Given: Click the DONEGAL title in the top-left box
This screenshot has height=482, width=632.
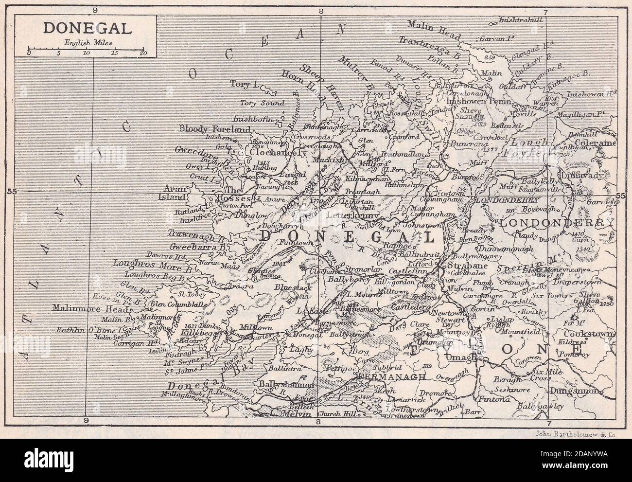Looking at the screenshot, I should pyautogui.click(x=87, y=28).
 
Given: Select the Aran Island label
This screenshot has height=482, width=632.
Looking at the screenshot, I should pyautogui.click(x=173, y=193).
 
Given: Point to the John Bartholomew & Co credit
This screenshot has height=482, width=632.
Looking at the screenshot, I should pyautogui.click(x=576, y=422).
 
